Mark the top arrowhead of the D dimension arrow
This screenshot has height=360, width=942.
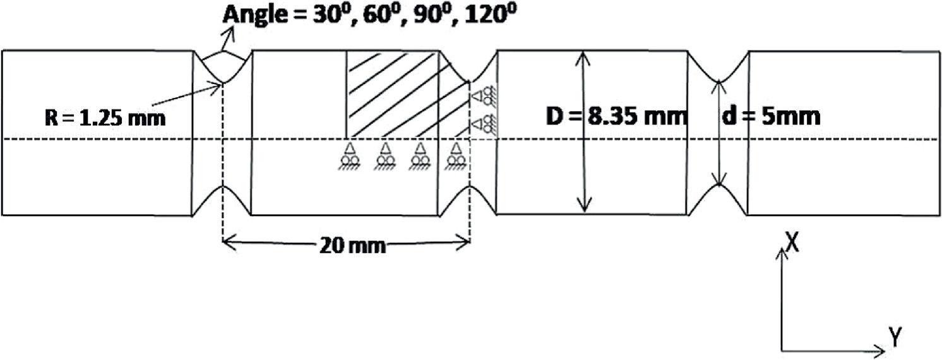[585, 56]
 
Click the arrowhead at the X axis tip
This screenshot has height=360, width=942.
[783, 251]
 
